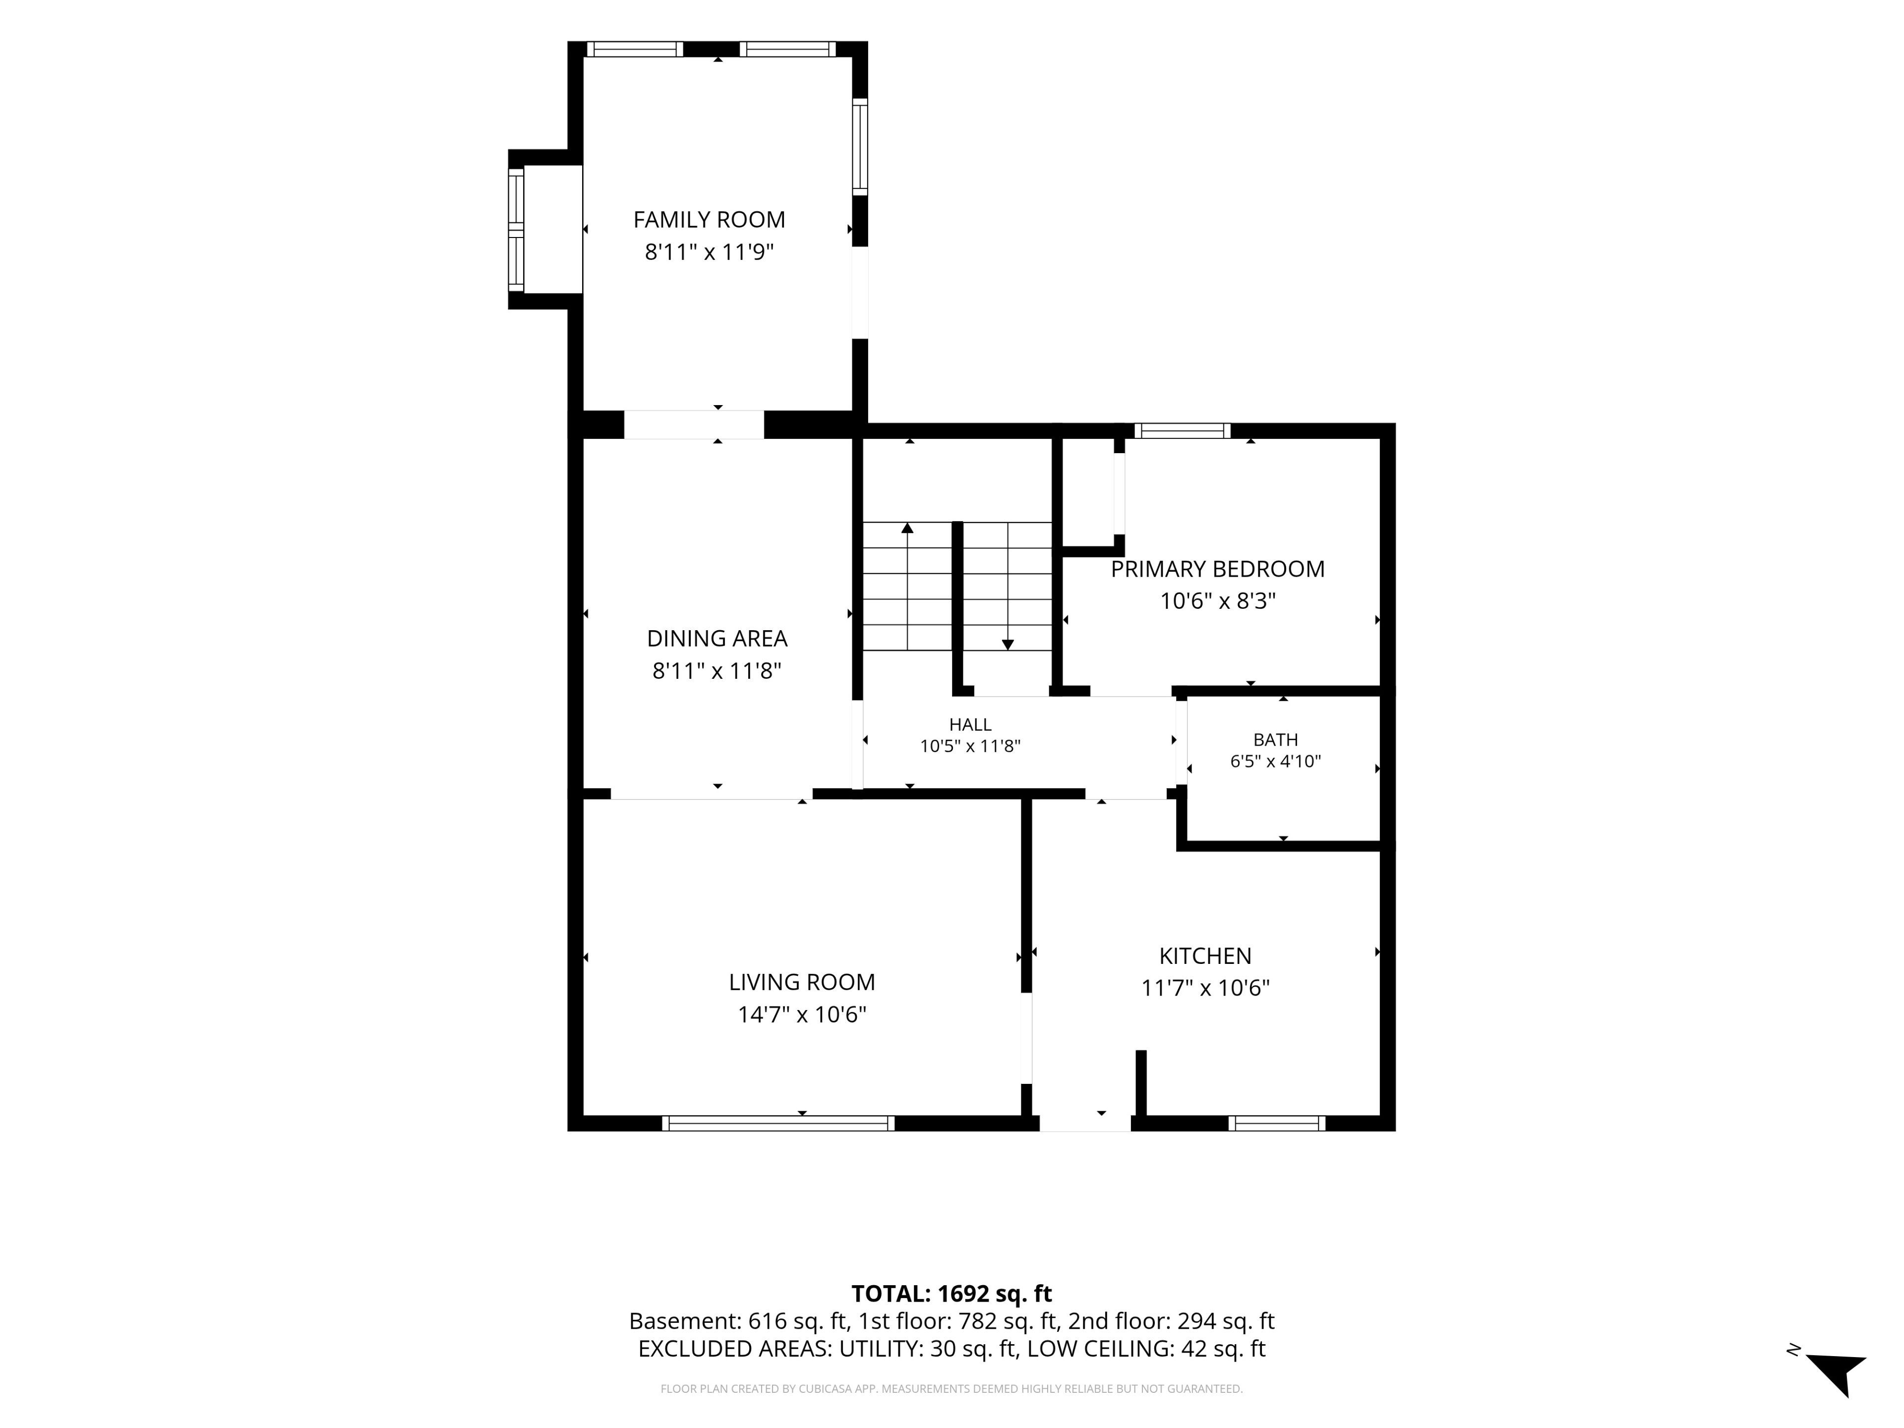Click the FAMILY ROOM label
click(x=709, y=220)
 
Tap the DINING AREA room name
click(x=717, y=639)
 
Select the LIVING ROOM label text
click(x=802, y=982)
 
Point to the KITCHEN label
click(x=1205, y=955)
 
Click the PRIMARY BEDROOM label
click(x=1218, y=569)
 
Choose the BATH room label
click(x=1276, y=739)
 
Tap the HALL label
click(x=970, y=725)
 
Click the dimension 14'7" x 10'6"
click(x=802, y=1015)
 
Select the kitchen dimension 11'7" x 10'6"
click(x=1205, y=988)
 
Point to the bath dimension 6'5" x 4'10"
click(x=1276, y=761)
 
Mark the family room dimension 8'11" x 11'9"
click(x=709, y=252)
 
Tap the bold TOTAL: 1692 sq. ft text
click(x=952, y=1294)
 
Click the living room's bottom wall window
click(x=778, y=1123)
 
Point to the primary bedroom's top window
click(x=1182, y=430)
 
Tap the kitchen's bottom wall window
click(x=1276, y=1123)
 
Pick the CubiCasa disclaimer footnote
click(x=951, y=1388)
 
